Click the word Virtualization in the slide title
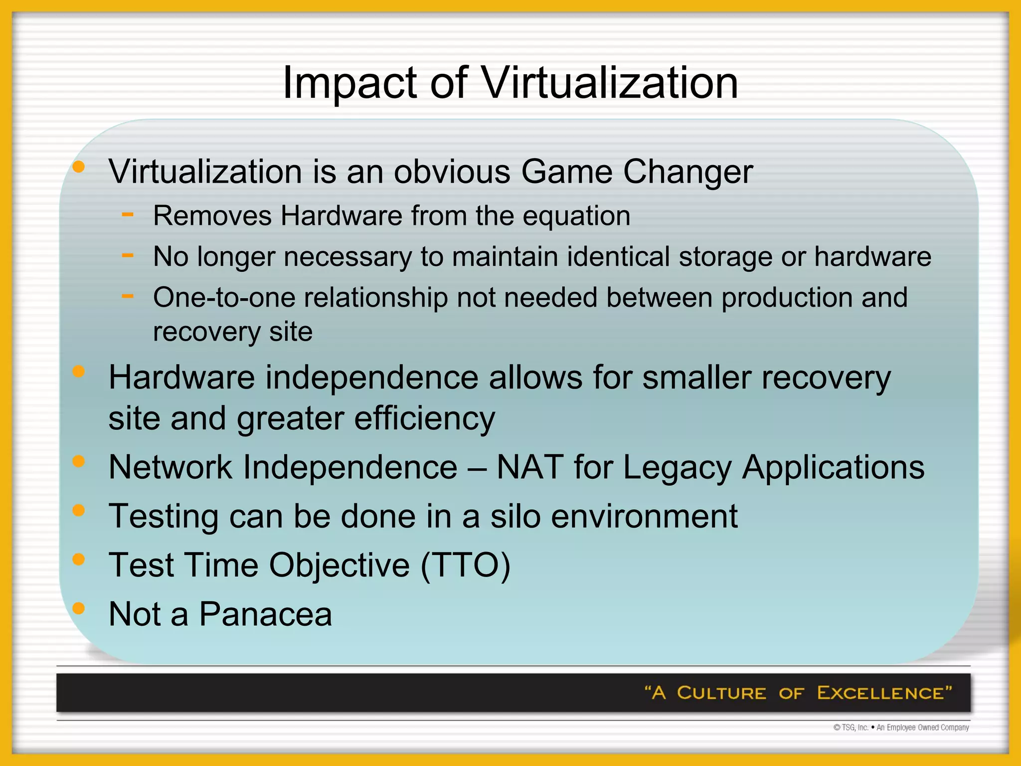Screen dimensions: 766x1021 coord(609,83)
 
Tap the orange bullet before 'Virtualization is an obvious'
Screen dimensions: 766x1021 coord(79,168)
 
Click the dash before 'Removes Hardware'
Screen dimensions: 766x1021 coord(128,214)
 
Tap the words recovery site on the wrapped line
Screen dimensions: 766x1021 coord(233,332)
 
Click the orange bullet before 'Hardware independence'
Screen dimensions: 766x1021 coord(79,372)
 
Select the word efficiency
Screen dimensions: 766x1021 coord(424,418)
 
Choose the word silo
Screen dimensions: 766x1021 coord(515,516)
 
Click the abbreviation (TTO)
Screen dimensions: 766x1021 coord(465,566)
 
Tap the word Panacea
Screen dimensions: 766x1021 coord(265,614)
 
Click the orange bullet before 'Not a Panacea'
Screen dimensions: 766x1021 coord(79,608)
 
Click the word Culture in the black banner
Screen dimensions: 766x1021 coord(721,693)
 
